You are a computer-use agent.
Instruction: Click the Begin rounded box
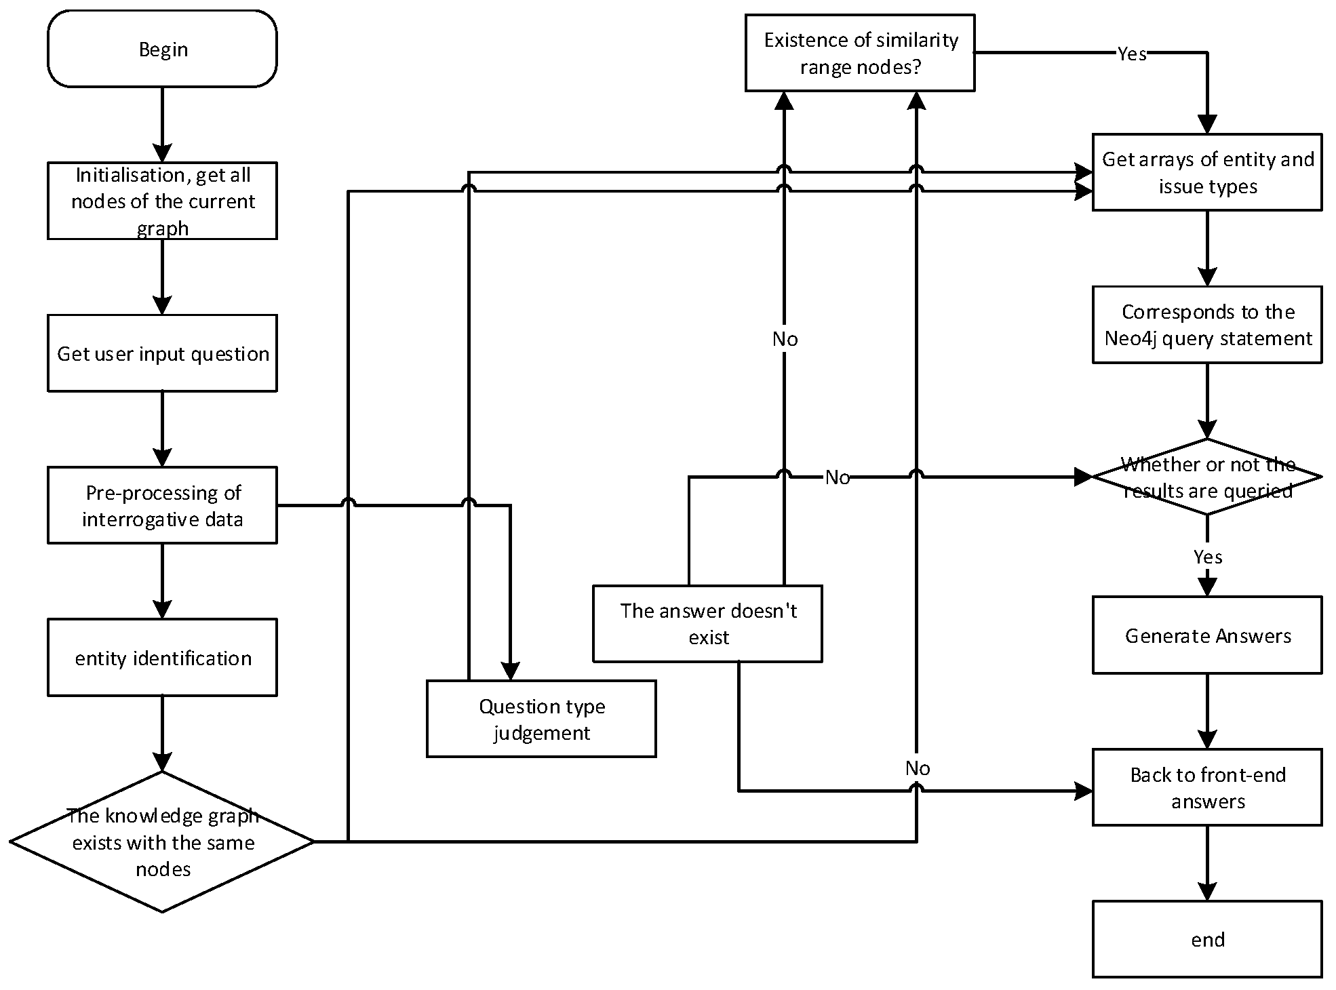(x=162, y=49)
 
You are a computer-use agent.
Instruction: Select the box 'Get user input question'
(x=162, y=353)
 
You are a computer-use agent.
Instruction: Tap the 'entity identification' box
(x=162, y=658)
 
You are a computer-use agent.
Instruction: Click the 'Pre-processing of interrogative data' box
(x=162, y=505)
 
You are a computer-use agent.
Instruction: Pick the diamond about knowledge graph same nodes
(x=162, y=842)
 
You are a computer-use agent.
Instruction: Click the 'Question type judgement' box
(x=541, y=719)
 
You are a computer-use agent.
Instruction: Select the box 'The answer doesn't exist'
(x=707, y=624)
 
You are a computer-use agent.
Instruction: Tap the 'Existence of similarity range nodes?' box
(x=860, y=53)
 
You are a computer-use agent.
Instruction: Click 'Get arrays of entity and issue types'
(x=1207, y=172)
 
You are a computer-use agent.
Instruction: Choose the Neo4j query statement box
(x=1207, y=325)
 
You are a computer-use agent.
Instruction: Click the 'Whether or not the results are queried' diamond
(x=1207, y=477)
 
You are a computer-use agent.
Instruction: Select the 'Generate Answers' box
(x=1207, y=635)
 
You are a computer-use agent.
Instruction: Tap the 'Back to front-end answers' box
(x=1207, y=787)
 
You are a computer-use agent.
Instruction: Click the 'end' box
(x=1207, y=939)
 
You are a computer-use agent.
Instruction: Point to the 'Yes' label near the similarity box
(x=1131, y=54)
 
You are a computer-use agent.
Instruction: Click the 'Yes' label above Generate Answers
(x=1207, y=557)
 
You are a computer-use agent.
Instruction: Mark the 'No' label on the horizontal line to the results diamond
(x=837, y=477)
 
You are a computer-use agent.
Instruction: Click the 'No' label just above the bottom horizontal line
(x=917, y=768)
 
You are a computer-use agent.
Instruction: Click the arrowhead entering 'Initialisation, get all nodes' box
(x=162, y=153)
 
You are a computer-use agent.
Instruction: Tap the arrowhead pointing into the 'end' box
(x=1207, y=892)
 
